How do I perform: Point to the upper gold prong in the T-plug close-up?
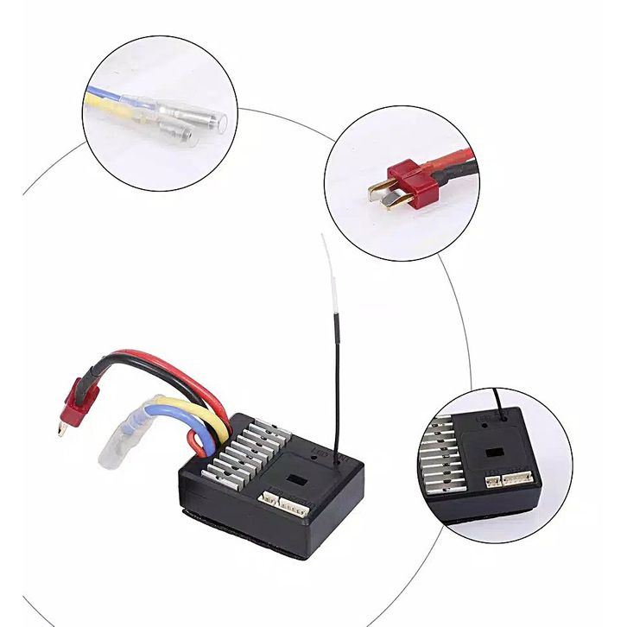point(377,187)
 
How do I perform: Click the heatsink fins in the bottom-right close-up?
point(442,466)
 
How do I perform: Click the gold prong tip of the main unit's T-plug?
point(61,427)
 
